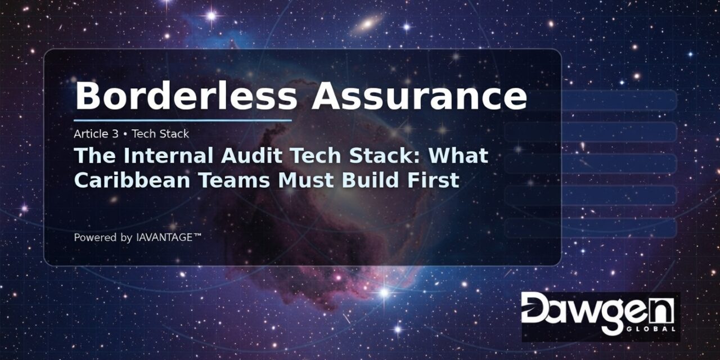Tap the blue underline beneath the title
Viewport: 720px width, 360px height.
[x=183, y=120]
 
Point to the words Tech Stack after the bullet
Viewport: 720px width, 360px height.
[x=160, y=134]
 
